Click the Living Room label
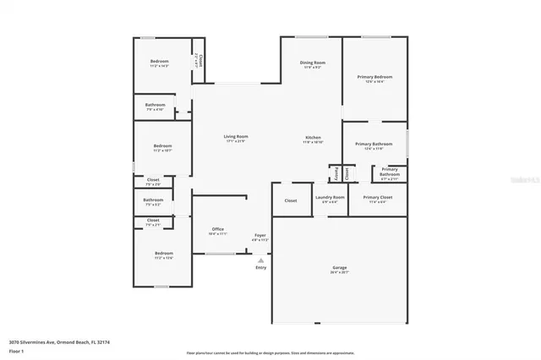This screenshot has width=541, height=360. (235, 137)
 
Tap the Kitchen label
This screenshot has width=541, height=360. (313, 137)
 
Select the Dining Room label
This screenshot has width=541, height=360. (313, 63)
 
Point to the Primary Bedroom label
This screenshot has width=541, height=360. (374, 77)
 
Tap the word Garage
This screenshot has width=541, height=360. (339, 268)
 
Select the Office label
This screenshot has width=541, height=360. (217, 228)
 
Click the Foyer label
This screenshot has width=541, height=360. (260, 236)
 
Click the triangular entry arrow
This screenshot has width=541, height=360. (260, 260)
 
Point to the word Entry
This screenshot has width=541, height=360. (260, 268)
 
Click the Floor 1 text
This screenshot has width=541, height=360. (15, 350)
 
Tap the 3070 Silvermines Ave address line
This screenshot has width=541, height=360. (59, 342)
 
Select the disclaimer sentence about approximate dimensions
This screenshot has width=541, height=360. (270, 352)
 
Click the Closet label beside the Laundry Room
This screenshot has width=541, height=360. (291, 200)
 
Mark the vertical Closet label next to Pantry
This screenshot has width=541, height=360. (347, 172)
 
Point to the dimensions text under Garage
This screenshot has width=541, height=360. (339, 273)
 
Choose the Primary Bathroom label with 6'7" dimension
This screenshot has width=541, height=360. (390, 172)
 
